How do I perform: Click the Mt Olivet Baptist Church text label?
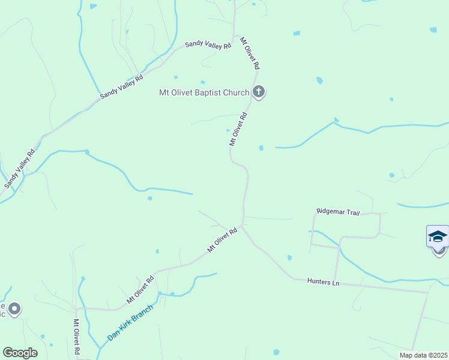click(203, 92)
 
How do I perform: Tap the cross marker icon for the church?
click(259, 92)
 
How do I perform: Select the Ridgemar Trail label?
click(338, 212)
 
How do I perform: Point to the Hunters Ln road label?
click(323, 281)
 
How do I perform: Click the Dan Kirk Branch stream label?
click(130, 323)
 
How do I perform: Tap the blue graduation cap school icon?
click(438, 236)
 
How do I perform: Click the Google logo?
click(20, 353)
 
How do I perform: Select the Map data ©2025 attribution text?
click(423, 355)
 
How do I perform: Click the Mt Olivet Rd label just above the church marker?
click(250, 53)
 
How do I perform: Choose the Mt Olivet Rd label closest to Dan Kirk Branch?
click(140, 289)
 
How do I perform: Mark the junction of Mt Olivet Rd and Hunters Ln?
click(242, 227)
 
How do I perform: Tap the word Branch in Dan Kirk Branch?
click(141, 314)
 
